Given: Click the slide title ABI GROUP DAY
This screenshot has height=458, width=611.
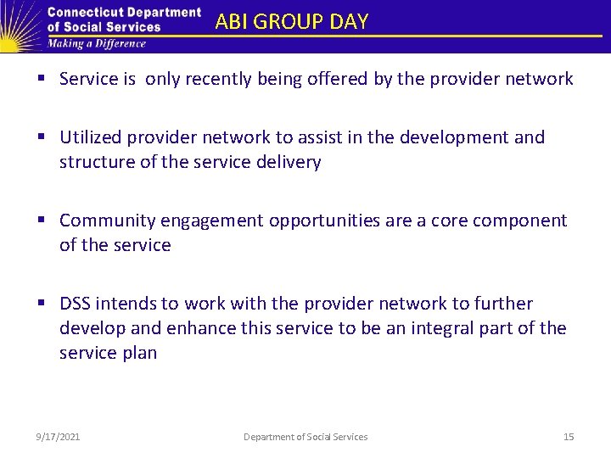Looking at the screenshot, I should tap(292, 21).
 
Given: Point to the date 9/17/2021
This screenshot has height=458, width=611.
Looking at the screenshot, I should tap(58, 437).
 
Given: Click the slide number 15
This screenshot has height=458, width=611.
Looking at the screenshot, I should tap(569, 437).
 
